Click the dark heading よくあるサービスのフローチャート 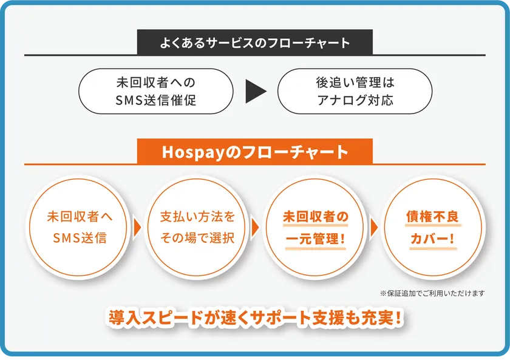(254, 42)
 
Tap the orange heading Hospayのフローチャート (254, 152)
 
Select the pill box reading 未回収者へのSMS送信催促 (156, 92)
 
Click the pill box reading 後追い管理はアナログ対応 (355, 92)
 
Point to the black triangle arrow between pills (256, 92)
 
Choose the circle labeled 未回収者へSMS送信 (79, 227)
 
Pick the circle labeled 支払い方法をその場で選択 (197, 227)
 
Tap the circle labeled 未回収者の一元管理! (315, 227)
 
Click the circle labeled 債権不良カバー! (433, 227)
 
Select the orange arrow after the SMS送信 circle (137, 228)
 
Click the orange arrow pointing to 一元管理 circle (256, 228)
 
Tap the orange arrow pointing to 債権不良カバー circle (374, 228)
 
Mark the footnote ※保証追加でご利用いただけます (432, 293)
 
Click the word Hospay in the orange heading (194, 152)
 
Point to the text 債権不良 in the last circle (432, 216)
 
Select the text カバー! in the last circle (432, 239)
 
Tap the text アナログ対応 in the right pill (355, 100)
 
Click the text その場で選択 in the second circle (197, 239)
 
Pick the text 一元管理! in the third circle (315, 240)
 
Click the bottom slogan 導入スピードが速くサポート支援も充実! (254, 318)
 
